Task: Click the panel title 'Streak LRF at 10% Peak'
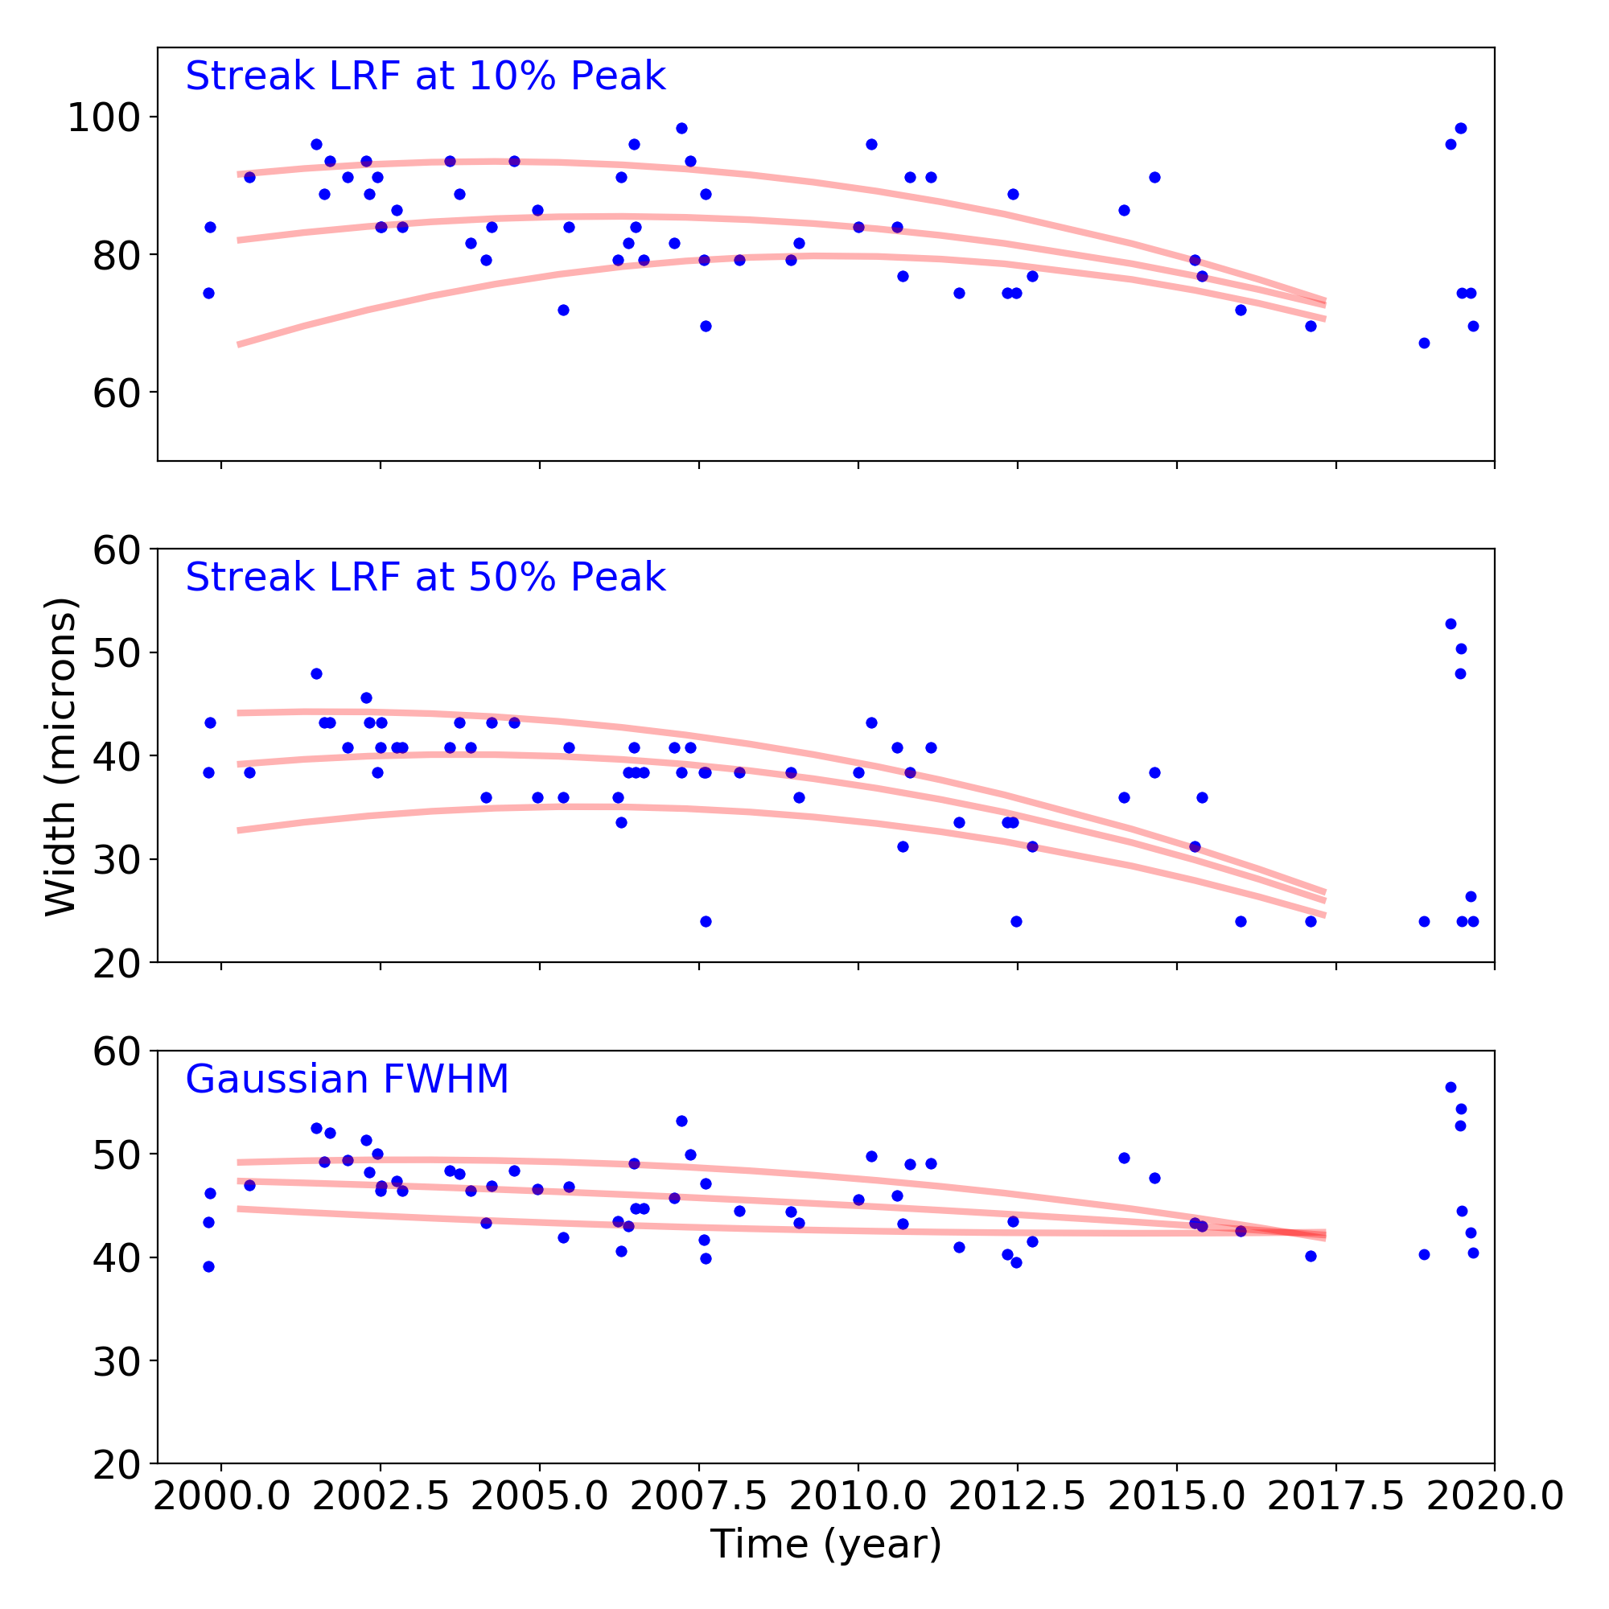point(425,76)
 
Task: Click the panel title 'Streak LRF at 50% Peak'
point(425,578)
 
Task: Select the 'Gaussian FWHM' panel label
point(347,1080)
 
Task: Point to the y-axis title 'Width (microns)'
point(61,756)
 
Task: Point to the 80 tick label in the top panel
point(115,255)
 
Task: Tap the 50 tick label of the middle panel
point(115,653)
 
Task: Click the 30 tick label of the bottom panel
point(115,1361)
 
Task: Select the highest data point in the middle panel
point(1450,623)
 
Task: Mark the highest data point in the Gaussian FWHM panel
point(1450,1087)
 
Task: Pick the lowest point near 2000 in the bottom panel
point(208,1267)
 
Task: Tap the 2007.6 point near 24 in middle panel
point(706,921)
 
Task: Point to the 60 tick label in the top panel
point(115,393)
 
